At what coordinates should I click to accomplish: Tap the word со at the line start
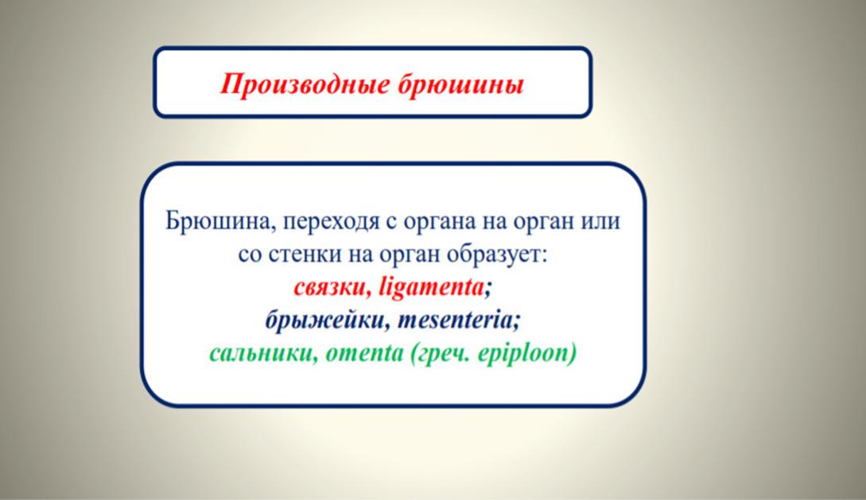tap(250, 255)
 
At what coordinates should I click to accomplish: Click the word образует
tap(497, 255)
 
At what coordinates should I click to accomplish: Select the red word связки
tap(332, 288)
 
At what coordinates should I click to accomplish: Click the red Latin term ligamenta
tap(431, 288)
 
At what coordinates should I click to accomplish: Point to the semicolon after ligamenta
tap(487, 289)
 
